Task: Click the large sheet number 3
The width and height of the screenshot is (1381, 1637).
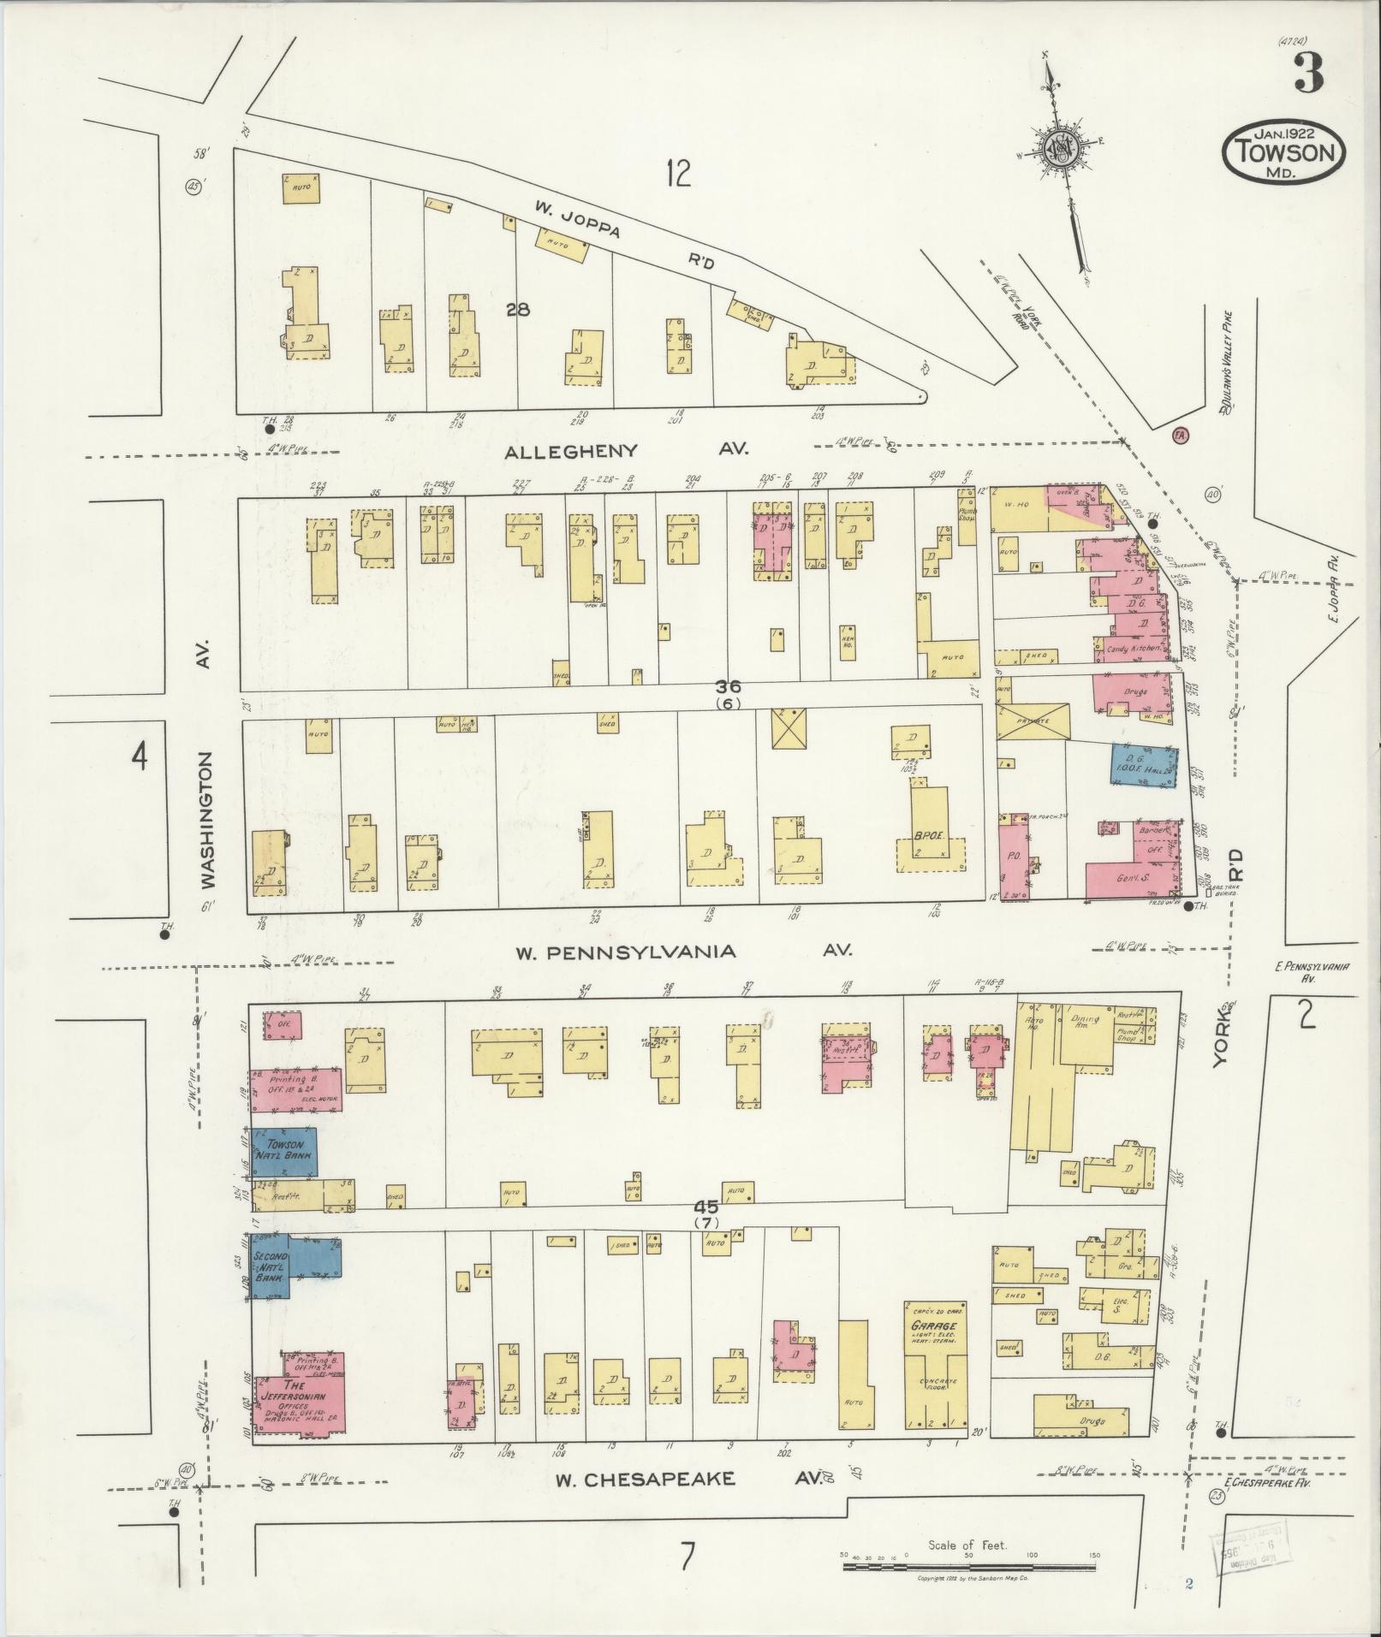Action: click(x=1307, y=74)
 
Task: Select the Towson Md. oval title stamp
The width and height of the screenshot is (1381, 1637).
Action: click(x=1283, y=151)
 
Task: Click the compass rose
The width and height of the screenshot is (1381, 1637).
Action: click(x=1061, y=150)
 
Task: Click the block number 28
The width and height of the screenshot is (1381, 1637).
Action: click(x=517, y=310)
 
